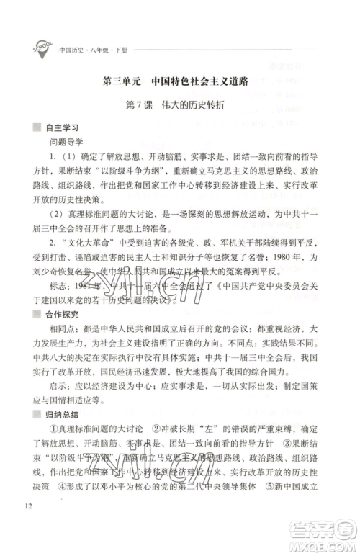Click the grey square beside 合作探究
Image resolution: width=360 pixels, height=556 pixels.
[x=38, y=315]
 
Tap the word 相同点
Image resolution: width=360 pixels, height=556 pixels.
[x=63, y=331]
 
